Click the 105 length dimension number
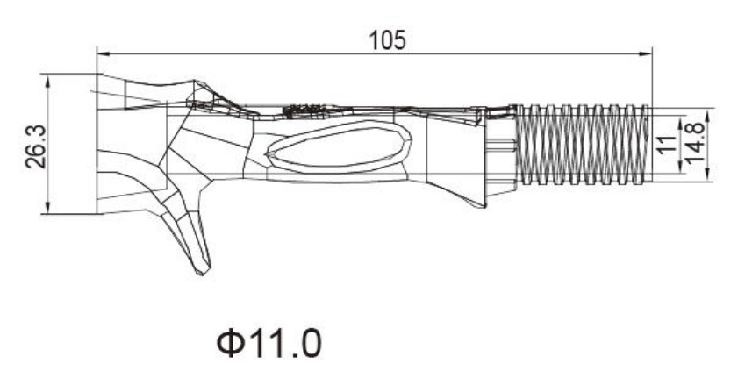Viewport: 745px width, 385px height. tap(388, 40)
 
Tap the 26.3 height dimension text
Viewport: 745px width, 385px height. tap(36, 146)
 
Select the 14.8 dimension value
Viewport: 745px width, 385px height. tap(695, 141)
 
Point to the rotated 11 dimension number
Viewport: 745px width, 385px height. tap(667, 143)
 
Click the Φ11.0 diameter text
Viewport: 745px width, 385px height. tap(269, 344)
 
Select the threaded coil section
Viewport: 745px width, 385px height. tap(583, 145)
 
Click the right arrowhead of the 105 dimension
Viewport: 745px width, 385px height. tap(646, 54)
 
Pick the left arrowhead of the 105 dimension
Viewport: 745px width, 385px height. tap(103, 54)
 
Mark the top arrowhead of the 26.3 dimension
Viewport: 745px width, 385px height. tap(47, 81)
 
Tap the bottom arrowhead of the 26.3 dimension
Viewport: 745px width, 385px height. tap(47, 208)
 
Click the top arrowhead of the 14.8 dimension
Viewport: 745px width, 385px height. tap(708, 115)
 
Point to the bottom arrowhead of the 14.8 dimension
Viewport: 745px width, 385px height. tap(708, 175)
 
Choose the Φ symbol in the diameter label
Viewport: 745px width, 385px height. tap(229, 344)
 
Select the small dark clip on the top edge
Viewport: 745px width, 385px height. tap(305, 111)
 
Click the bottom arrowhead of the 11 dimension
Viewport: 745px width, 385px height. tap(681, 166)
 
